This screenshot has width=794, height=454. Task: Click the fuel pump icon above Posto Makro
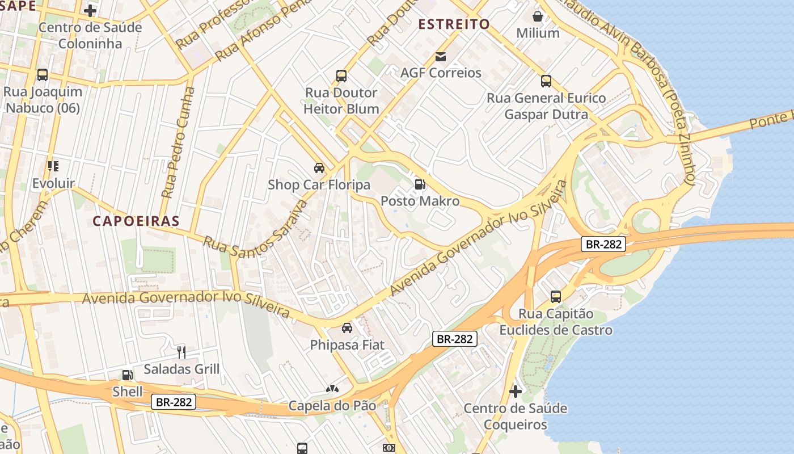[x=420, y=184]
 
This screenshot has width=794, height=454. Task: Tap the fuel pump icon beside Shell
[x=128, y=375]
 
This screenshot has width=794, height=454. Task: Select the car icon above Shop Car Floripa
[x=319, y=167]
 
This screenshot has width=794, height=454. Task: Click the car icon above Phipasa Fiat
[x=347, y=327]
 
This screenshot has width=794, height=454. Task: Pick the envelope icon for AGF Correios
[x=441, y=56]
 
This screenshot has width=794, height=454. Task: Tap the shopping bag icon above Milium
[x=538, y=16]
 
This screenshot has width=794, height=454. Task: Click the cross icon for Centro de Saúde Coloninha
[x=90, y=10]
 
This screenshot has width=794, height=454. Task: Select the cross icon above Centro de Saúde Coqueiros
[x=515, y=391]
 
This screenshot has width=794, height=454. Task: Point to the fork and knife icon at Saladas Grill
[x=181, y=352]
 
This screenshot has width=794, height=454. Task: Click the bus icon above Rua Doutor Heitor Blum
[x=341, y=75]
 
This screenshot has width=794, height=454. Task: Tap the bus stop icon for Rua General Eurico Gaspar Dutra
[x=546, y=81]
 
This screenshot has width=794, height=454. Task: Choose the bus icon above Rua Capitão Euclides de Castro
[x=555, y=296]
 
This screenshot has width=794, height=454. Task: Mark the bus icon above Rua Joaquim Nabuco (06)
[x=43, y=74]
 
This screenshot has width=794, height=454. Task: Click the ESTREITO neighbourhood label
[x=454, y=24]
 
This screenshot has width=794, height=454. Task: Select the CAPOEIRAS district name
[x=136, y=221]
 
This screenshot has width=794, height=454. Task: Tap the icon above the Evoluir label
[x=53, y=166]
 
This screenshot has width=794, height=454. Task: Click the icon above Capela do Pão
[x=332, y=389]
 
